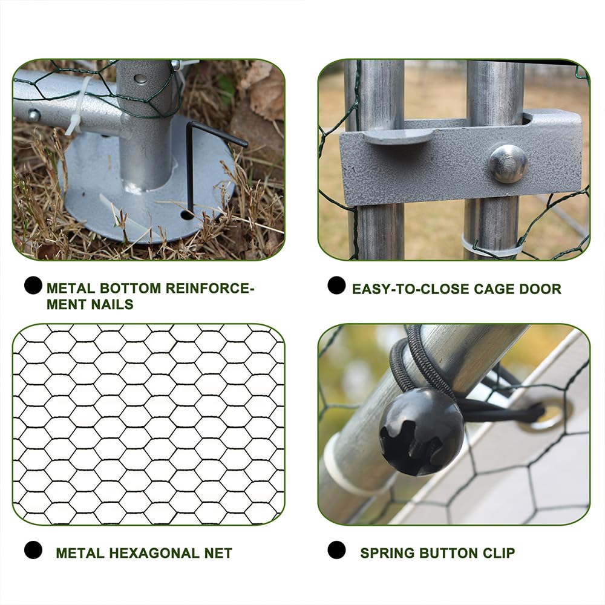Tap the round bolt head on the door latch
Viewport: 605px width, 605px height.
pyautogui.click(x=508, y=163)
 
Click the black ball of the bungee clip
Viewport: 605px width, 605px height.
pyautogui.click(x=421, y=431)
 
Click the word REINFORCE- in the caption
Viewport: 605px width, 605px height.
pyautogui.click(x=210, y=288)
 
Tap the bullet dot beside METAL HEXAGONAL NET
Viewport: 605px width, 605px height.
pyautogui.click(x=33, y=550)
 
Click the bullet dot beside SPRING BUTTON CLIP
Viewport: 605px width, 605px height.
pyautogui.click(x=336, y=550)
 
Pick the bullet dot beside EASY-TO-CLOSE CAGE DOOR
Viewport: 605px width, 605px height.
pyautogui.click(x=336, y=285)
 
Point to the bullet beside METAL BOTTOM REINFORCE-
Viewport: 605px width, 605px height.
pyautogui.click(x=33, y=285)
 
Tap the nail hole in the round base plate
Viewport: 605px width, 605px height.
pyautogui.click(x=187, y=215)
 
